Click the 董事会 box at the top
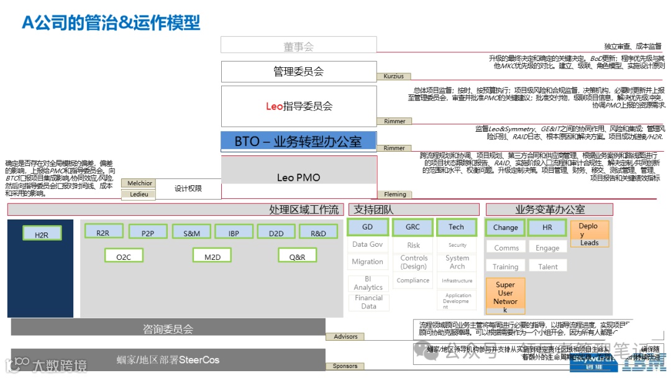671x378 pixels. pyautogui.click(x=299, y=45)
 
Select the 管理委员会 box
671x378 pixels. pyautogui.click(x=299, y=71)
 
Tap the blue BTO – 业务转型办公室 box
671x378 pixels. pyautogui.click(x=299, y=141)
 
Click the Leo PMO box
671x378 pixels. pyautogui.click(x=299, y=177)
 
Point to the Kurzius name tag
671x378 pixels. pyautogui.click(x=394, y=76)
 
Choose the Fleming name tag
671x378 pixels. pyautogui.click(x=395, y=195)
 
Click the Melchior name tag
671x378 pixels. pyautogui.click(x=140, y=183)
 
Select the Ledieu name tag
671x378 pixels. pyautogui.click(x=139, y=194)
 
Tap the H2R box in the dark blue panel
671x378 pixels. pyautogui.click(x=42, y=234)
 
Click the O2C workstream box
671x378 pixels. pyautogui.click(x=124, y=256)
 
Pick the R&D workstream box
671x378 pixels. pyautogui.click(x=318, y=233)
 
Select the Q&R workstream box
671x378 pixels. pyautogui.click(x=297, y=256)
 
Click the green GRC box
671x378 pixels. pyautogui.click(x=413, y=228)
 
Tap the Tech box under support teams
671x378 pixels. pyautogui.click(x=457, y=228)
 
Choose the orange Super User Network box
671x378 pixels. pyautogui.click(x=505, y=297)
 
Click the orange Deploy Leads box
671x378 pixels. pyautogui.click(x=589, y=234)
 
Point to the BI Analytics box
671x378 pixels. pyautogui.click(x=368, y=283)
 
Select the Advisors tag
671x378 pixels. pyautogui.click(x=345, y=336)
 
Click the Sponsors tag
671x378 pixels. pyautogui.click(x=345, y=366)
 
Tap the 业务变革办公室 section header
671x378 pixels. pyautogui.click(x=549, y=210)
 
